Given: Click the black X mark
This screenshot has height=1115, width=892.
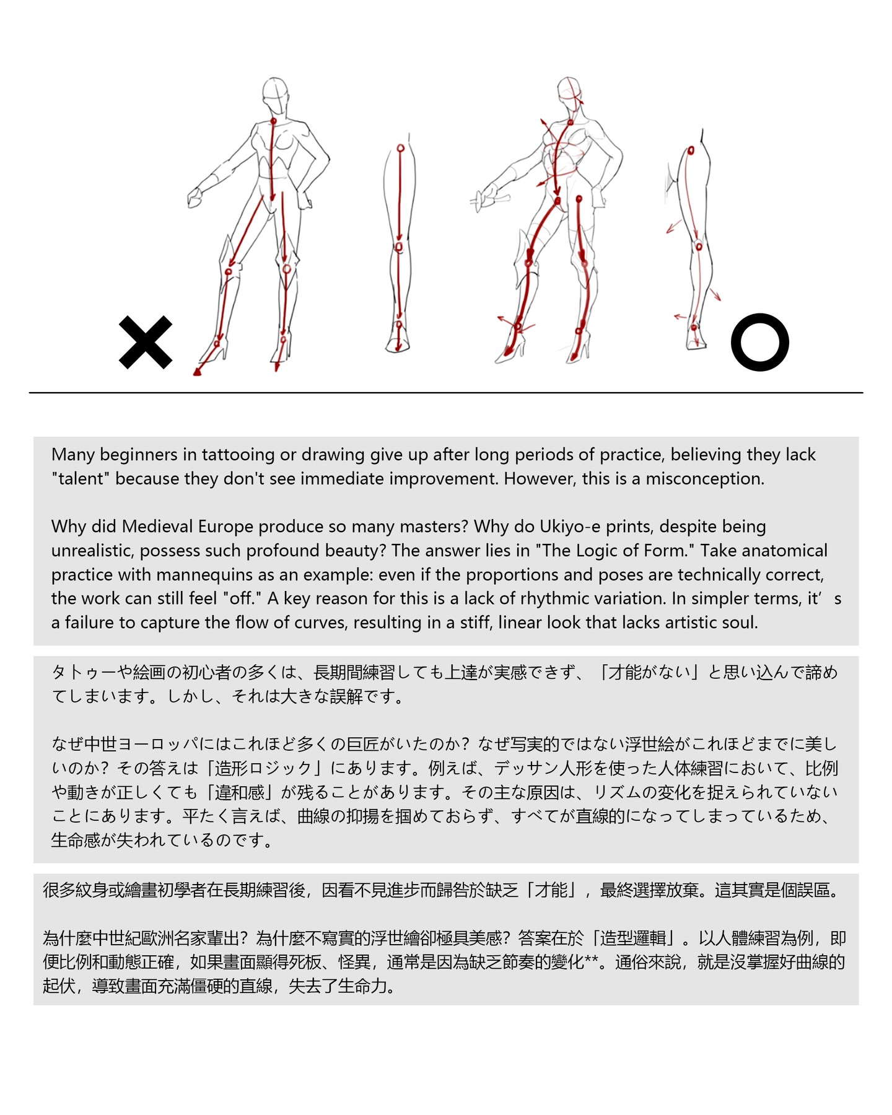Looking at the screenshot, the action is click(x=146, y=343).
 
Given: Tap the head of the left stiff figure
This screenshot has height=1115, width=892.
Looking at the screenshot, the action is click(x=275, y=96).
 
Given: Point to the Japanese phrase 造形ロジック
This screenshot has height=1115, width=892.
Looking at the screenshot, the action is click(x=263, y=769).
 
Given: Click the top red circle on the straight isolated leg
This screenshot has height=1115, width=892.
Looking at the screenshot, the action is click(x=400, y=149).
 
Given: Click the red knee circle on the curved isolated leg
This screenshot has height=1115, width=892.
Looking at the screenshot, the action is click(x=698, y=245).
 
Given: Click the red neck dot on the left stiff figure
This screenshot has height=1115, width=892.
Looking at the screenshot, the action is click(x=273, y=121).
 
